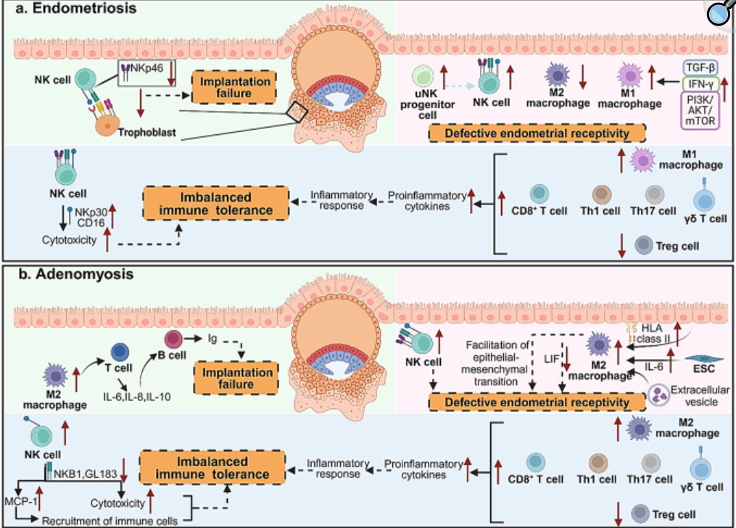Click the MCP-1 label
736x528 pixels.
point(22,501)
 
